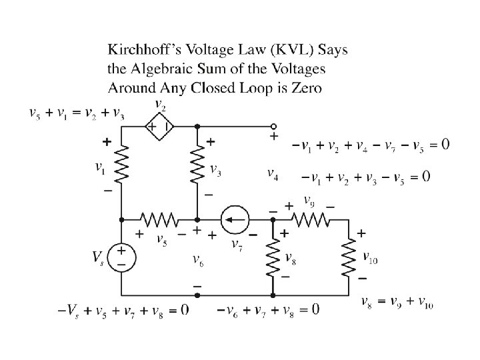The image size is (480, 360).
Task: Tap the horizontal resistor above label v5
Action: point(159,218)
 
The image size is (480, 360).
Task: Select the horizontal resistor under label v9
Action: point(311,218)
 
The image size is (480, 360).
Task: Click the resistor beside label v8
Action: point(273,257)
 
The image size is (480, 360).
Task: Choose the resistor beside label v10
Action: point(349,257)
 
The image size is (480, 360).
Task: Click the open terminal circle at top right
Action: point(273,126)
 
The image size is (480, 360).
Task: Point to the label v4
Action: point(273,174)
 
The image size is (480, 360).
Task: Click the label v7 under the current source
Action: point(236,245)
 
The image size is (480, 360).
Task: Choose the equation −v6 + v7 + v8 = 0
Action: point(268,309)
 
